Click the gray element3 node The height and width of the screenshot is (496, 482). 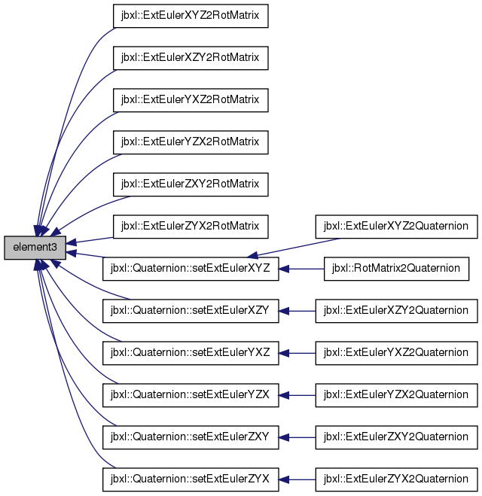(35, 247)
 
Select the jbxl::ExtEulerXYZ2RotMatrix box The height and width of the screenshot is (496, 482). (190, 16)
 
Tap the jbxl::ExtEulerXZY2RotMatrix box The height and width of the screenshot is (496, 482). (190, 58)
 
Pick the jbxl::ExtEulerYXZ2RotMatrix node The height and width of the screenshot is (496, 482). (190, 100)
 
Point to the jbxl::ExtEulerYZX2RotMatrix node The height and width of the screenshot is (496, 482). (190, 142)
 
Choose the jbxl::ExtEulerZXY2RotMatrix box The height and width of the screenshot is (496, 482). (190, 184)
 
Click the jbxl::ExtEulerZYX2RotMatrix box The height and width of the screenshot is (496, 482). (190, 226)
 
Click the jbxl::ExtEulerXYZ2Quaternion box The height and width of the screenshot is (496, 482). (395, 226)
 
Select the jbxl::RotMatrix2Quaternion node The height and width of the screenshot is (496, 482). (395, 268)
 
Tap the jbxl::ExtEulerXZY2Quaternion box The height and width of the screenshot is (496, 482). (395, 310)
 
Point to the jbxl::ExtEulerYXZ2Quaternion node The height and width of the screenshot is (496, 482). (395, 352)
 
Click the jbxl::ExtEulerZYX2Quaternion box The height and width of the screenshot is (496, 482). (395, 478)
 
